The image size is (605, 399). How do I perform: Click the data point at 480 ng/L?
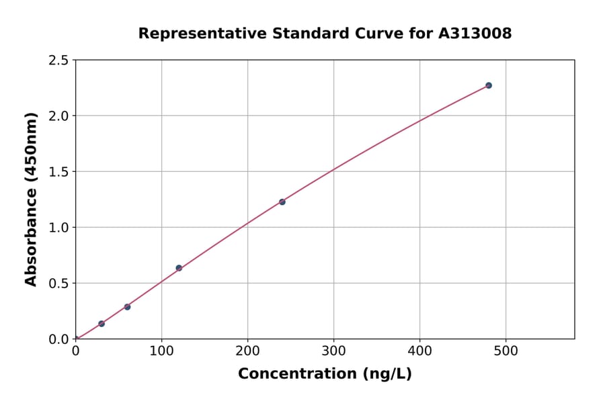(x=489, y=85)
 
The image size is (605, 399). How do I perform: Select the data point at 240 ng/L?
(x=282, y=202)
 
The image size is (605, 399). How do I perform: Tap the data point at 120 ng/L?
(x=179, y=268)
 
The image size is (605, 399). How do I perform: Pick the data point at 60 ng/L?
(x=127, y=307)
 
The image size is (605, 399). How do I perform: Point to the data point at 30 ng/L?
(x=102, y=324)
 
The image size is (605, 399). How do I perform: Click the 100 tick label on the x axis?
(x=161, y=351)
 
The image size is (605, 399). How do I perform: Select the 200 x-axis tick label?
(x=247, y=351)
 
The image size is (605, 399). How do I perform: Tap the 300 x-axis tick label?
(x=334, y=351)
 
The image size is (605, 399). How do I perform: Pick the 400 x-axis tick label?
(x=420, y=351)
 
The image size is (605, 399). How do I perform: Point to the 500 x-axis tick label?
(x=506, y=351)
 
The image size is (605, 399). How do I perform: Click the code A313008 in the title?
(x=476, y=33)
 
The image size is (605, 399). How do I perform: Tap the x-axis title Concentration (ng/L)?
(x=325, y=373)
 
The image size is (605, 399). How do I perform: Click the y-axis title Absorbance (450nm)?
(x=31, y=199)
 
